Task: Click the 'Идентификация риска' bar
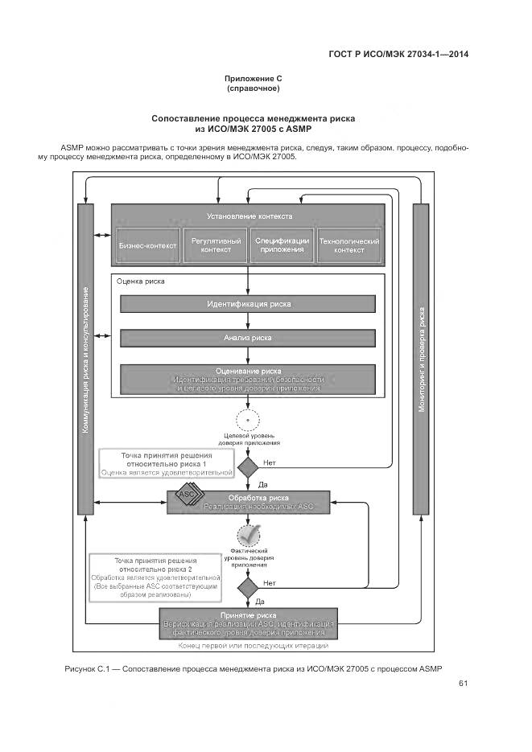tap(248, 304)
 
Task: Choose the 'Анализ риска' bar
tap(248, 339)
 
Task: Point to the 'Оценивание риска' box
tap(248, 379)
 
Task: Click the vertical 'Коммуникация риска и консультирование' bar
tap(85, 359)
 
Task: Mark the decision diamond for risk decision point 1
tap(248, 466)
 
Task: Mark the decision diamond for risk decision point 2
tap(248, 586)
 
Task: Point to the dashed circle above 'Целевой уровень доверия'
tap(248, 420)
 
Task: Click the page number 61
tap(463, 684)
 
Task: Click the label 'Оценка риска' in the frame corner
tap(141, 282)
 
